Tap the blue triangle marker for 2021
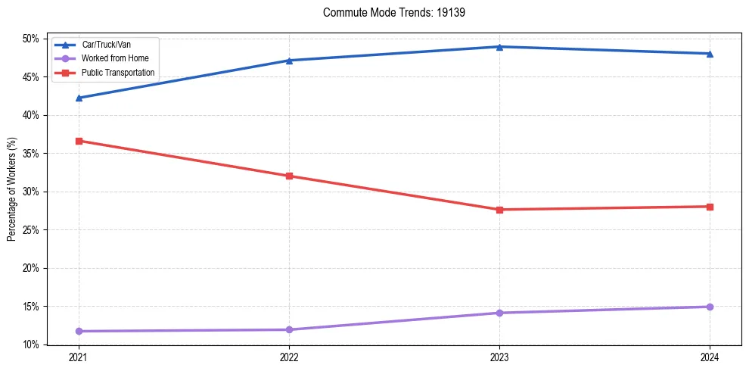point(79,98)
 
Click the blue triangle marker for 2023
point(499,47)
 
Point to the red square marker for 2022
point(289,176)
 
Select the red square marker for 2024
point(710,207)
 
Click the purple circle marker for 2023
point(499,313)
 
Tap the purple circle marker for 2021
point(79,331)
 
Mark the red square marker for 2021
point(79,141)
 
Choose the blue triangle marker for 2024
point(710,54)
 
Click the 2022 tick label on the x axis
point(289,357)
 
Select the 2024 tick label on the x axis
point(710,357)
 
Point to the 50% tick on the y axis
point(32,39)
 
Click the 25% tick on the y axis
point(32,230)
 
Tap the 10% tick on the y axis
point(32,345)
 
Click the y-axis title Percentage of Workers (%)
point(11,189)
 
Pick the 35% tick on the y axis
point(32,154)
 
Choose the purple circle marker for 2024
point(710,307)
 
